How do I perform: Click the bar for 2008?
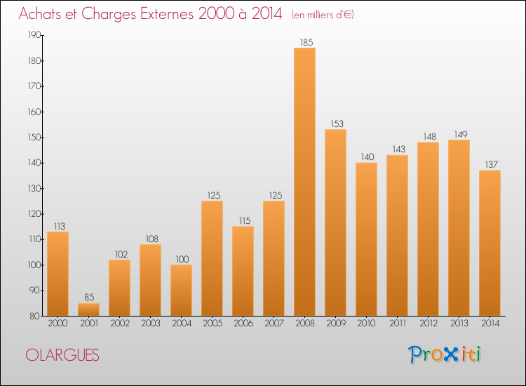coord(304,182)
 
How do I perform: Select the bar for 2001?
coord(88,310)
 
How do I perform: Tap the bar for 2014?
coord(490,243)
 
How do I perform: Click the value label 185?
coord(304,42)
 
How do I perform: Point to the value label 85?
coord(88,298)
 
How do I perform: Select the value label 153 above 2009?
coord(335,124)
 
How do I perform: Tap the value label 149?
coord(459,134)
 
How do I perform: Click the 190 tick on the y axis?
coord(34,35)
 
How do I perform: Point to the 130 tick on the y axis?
coord(34,189)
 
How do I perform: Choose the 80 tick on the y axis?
coord(35,316)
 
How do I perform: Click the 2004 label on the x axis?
coord(181,325)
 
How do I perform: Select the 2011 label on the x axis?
coord(397,325)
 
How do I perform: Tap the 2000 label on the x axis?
coord(58,325)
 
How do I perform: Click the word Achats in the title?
coord(43,15)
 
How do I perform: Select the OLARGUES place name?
coord(62,355)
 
